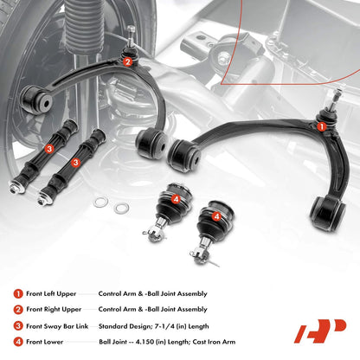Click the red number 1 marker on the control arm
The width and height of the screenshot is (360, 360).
pos(322,126)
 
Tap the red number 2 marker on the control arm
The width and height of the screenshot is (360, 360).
pos(128,61)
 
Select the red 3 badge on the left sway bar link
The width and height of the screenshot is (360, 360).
pos(49,149)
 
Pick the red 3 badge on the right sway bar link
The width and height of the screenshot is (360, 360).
pos(75,162)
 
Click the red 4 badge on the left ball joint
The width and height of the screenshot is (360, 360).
pos(176,199)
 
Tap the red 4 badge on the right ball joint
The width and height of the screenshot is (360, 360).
pos(216,216)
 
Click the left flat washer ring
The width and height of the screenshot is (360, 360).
pos(100,202)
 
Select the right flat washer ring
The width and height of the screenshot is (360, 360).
pos(121,208)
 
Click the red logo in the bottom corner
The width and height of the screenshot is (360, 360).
pos(319,331)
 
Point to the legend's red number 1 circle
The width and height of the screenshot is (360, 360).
pos(18,294)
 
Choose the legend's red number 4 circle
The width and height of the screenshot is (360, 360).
pos(18,342)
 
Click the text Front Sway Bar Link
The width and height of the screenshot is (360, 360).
pos(57,326)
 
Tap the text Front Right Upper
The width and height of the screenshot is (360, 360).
pos(54,310)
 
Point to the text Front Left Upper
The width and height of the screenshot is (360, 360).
pos(51,294)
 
